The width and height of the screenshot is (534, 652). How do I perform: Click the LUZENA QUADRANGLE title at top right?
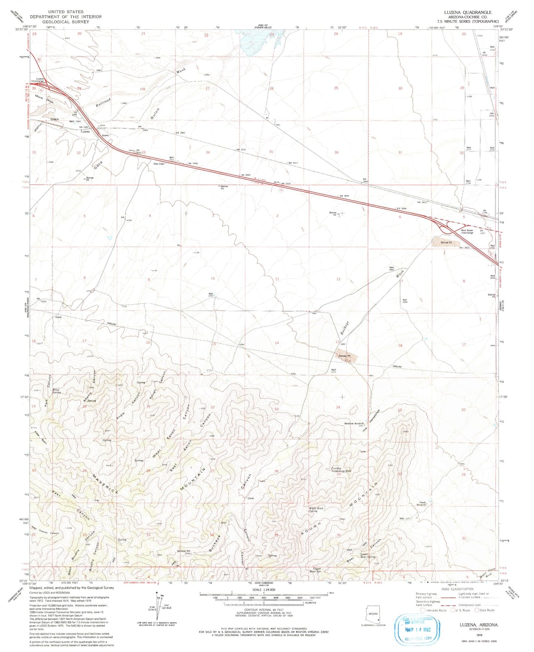click(467, 12)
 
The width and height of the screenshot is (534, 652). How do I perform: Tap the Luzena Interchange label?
click(37, 80)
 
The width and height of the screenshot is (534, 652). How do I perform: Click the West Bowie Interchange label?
click(467, 231)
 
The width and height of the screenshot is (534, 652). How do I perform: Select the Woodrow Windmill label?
click(354, 423)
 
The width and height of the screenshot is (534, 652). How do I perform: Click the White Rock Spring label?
click(316, 510)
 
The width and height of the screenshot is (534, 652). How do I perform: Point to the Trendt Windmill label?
click(422, 503)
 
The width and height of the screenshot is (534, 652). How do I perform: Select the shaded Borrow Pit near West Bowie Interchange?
click(446, 242)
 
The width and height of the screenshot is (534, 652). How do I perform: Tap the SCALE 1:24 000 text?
click(263, 589)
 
